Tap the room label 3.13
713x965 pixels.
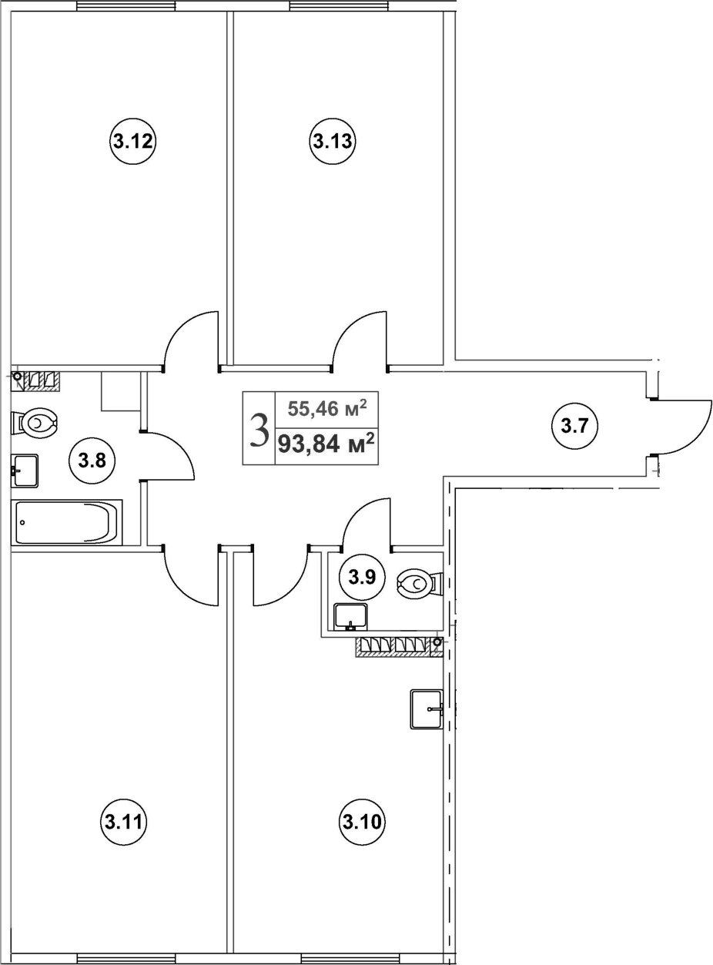tap(333, 141)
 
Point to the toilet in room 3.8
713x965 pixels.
tap(35, 423)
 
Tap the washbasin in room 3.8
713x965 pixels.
tap(25, 470)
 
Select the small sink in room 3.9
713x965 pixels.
tap(350, 616)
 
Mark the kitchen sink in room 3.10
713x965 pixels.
tap(427, 709)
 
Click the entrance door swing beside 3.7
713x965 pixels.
tap(681, 427)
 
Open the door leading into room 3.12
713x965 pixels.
tap(190, 339)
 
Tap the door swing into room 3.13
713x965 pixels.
tap(360, 339)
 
